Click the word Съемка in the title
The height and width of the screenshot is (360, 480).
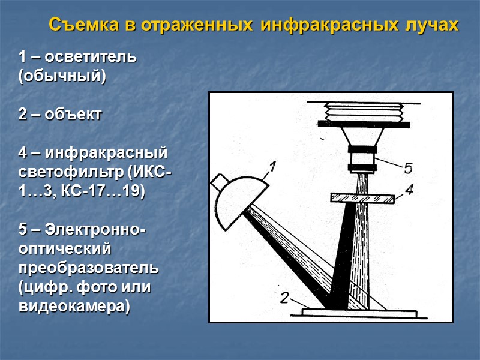tap(83, 25)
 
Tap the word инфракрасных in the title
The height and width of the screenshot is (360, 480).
tap(329, 25)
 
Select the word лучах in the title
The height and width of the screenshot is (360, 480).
tap(432, 25)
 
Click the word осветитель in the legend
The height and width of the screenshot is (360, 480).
tap(91, 57)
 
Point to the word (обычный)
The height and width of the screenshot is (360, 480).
tap(62, 76)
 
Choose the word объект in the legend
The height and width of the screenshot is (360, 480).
tap(73, 115)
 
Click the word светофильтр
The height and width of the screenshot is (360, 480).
tap(71, 172)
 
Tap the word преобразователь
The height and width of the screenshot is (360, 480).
tap(88, 268)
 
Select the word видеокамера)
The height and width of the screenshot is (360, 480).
tap(74, 307)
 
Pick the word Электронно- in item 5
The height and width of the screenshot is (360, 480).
tap(95, 229)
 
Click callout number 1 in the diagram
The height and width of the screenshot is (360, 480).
tap(272, 167)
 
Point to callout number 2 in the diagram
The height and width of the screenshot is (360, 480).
tap(284, 298)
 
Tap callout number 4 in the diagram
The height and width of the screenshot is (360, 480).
tap(409, 190)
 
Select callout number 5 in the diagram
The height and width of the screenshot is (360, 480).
tap(409, 168)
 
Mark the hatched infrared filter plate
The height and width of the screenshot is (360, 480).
tap(363, 198)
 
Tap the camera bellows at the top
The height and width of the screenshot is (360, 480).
tap(364, 112)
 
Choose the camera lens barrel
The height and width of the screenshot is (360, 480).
tap(362, 158)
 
